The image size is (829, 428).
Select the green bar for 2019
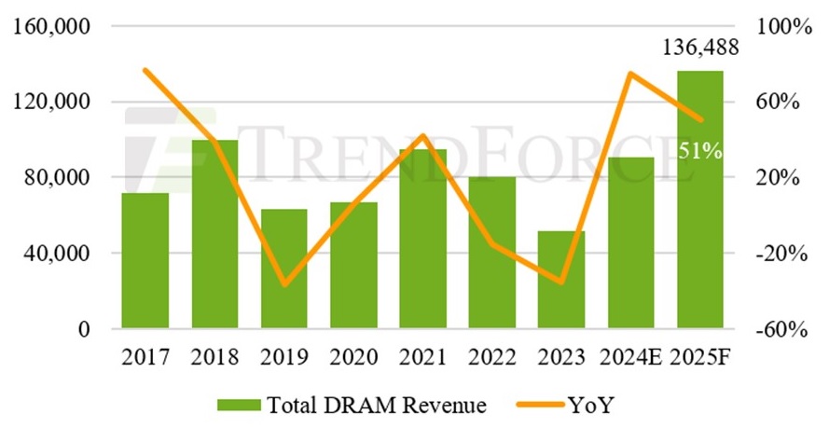tap(283, 269)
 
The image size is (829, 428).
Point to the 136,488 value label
tap(700, 48)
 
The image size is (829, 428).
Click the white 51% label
tap(700, 150)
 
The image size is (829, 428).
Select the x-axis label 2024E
tap(631, 356)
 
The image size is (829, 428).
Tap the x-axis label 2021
tap(422, 356)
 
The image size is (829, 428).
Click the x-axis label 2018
tap(214, 356)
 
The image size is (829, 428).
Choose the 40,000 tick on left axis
tap(57, 254)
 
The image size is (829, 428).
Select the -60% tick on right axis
tap(783, 330)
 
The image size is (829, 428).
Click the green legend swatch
tap(238, 405)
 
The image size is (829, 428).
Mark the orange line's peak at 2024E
tap(631, 73)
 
